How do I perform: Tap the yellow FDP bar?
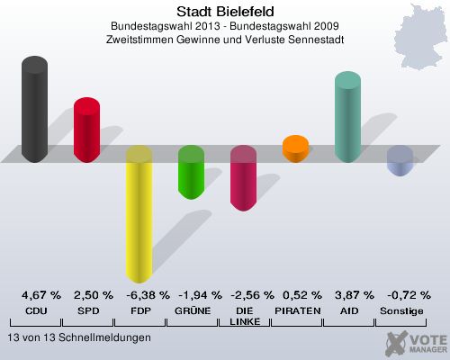(x=139, y=216)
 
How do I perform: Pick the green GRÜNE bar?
(x=191, y=172)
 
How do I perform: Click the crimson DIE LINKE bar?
(x=243, y=179)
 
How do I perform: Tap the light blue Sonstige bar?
(x=400, y=161)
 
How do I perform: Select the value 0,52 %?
(x=295, y=295)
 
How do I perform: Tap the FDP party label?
(x=139, y=310)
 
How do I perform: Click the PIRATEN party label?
(x=295, y=310)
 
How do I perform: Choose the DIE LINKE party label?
(x=244, y=316)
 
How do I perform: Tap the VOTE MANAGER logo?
(x=416, y=342)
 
